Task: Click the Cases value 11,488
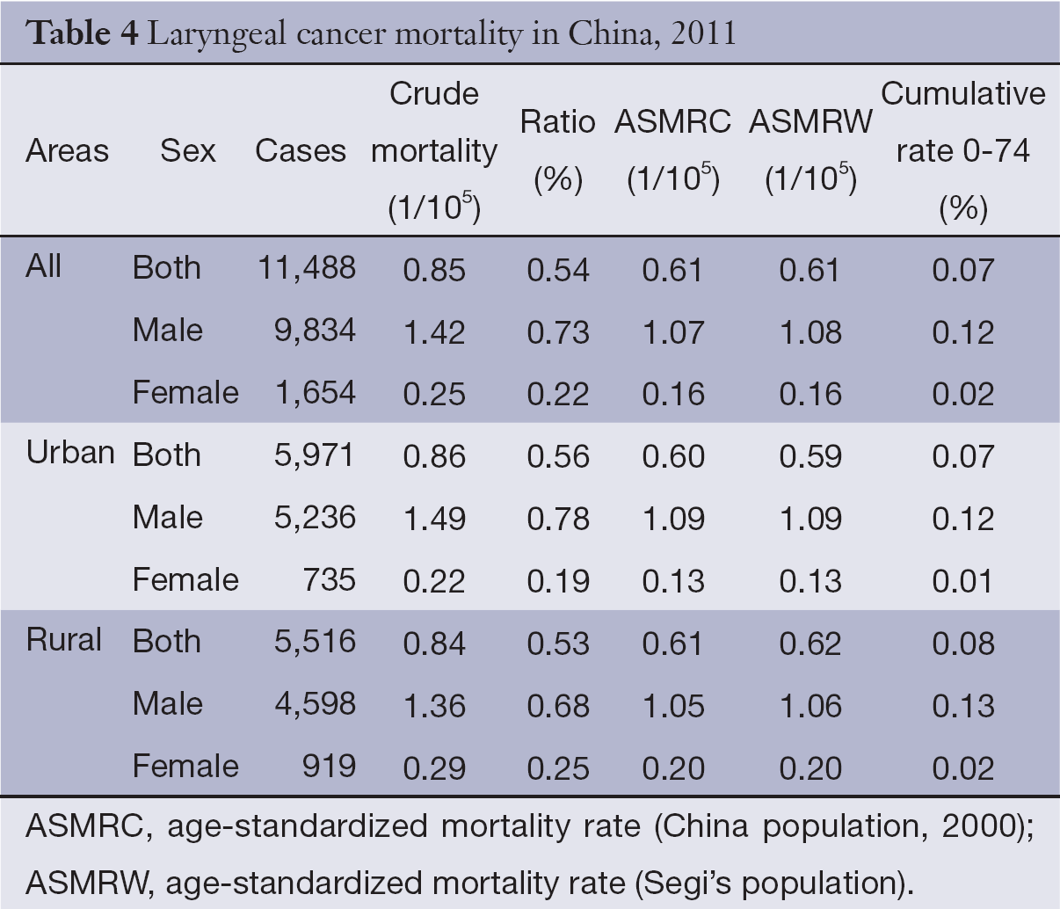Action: [x=307, y=268]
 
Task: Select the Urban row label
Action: [x=70, y=453]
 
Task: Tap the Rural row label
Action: [x=63, y=640]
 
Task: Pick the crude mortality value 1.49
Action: [x=434, y=519]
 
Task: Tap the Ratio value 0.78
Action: [x=558, y=519]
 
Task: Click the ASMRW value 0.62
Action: [x=810, y=644]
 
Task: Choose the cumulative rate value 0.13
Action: [x=963, y=706]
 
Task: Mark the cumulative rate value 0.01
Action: [x=963, y=581]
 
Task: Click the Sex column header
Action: [x=187, y=151]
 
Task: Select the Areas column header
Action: [x=68, y=151]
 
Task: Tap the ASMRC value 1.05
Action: [x=672, y=706]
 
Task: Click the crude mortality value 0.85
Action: [x=434, y=270]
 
